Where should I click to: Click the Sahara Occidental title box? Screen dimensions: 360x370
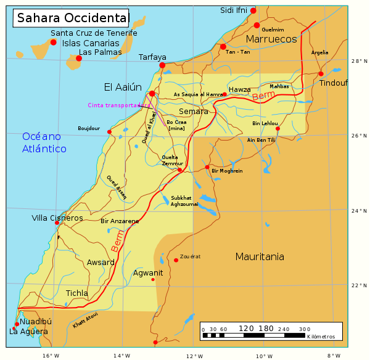coord(71,18)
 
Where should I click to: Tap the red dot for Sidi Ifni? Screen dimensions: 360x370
coord(253,10)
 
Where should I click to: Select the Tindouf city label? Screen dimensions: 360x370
coord(334,83)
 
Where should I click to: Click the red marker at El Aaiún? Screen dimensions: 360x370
coord(152,94)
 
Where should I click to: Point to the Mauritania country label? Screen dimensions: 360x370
coord(260,256)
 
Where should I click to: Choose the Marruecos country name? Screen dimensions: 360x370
coord(271,39)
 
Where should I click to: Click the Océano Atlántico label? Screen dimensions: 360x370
coord(44,142)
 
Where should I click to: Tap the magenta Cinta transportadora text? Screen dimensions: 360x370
coord(120,105)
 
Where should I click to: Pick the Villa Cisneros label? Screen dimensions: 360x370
coord(57,218)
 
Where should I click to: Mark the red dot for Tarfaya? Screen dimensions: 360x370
coord(162,65)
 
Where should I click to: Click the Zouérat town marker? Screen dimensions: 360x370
coord(176,260)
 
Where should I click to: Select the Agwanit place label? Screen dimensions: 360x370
coord(148,272)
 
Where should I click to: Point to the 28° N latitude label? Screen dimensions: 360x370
coord(359,61)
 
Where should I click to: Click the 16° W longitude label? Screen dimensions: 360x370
coord(51,355)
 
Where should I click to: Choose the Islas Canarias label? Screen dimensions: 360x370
coord(91,43)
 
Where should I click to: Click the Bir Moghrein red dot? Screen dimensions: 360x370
coord(207,167)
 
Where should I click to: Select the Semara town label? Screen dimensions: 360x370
coord(194,112)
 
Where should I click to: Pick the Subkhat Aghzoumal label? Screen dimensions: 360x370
coord(185,200)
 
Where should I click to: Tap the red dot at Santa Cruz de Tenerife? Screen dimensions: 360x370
coord(54,42)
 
